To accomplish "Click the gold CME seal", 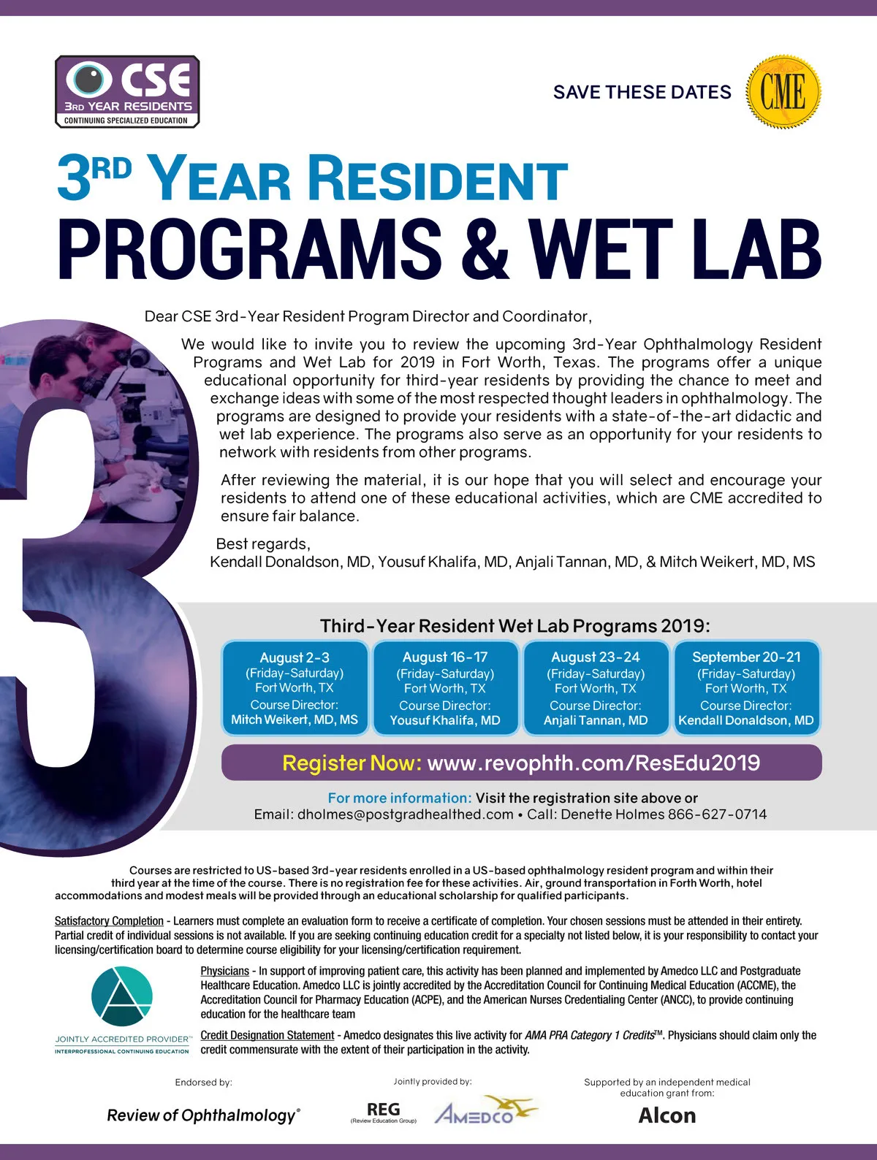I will [x=783, y=92].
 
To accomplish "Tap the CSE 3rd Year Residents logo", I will [x=127, y=92].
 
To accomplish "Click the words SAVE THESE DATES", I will [x=642, y=92].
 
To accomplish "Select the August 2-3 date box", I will [x=295, y=688].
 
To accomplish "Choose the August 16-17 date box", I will [x=445, y=688].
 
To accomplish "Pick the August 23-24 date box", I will [x=596, y=688].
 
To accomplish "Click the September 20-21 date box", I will [x=746, y=688].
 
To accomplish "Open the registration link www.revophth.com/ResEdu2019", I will [x=593, y=763].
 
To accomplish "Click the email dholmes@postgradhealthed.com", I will [x=405, y=814].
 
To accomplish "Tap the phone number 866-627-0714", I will [x=717, y=814].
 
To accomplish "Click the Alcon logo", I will [x=667, y=1115].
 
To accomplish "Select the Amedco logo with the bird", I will [x=484, y=1112].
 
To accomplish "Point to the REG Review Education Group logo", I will [x=383, y=1113].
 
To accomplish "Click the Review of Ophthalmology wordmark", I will [x=203, y=1115].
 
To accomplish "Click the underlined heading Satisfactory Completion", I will [x=109, y=921].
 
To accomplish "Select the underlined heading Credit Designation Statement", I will [x=267, y=1035].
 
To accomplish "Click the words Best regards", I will [x=262, y=544].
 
